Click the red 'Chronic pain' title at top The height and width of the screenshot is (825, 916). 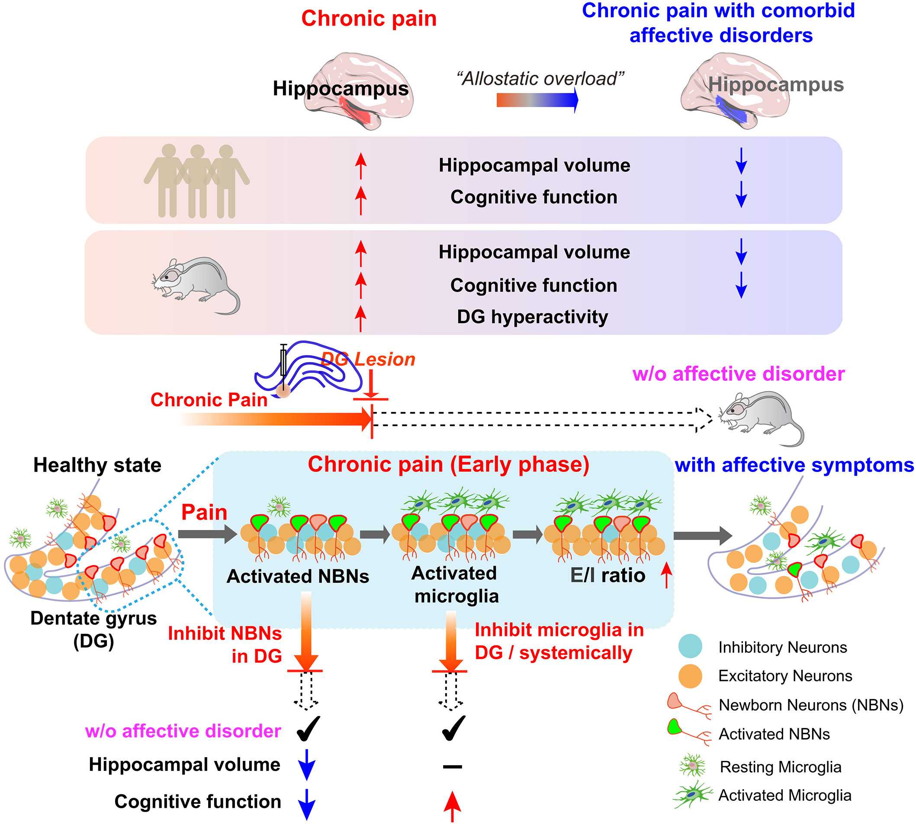tap(369, 19)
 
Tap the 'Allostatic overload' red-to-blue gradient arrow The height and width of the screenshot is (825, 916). tap(537, 100)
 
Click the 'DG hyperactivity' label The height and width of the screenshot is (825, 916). tap(532, 317)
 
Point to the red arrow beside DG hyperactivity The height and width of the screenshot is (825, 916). tap(360, 318)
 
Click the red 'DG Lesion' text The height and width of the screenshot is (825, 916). tap(368, 360)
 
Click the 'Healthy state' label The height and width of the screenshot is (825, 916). tap(97, 465)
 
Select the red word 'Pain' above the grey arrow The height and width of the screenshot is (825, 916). tap(204, 513)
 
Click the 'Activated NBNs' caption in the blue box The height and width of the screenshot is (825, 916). tap(298, 577)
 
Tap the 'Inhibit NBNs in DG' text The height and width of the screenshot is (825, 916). tap(225, 645)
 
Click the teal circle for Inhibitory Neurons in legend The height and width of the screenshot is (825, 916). tap(690, 646)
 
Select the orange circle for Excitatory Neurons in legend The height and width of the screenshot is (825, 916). tap(690, 676)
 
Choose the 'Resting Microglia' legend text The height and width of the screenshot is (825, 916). tap(781, 767)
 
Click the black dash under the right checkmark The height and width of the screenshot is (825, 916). tap(452, 767)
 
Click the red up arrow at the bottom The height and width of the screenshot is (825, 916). tap(452, 806)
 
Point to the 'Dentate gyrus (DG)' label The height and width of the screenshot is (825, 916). tap(93, 629)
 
